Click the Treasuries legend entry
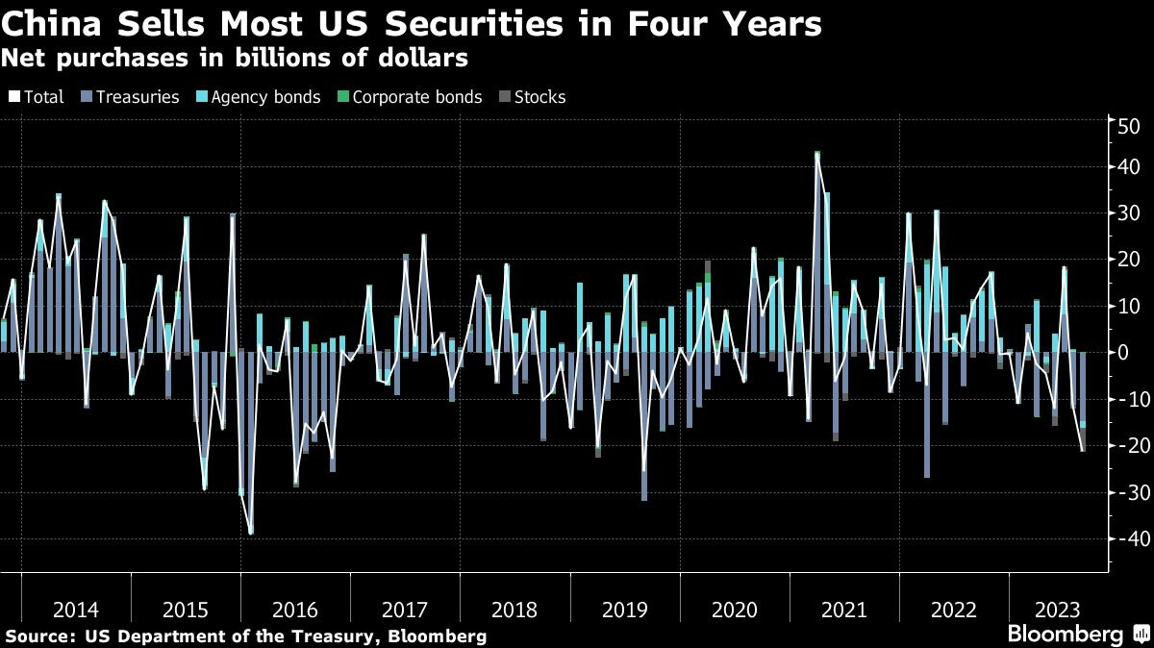click(138, 97)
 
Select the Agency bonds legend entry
click(257, 97)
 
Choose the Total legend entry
click(36, 97)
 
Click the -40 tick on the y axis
click(1124, 538)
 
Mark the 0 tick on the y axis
click(1122, 353)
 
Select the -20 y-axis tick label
click(1124, 445)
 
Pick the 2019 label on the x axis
click(625, 609)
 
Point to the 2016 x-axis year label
click(295, 609)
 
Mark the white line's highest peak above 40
click(817, 153)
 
